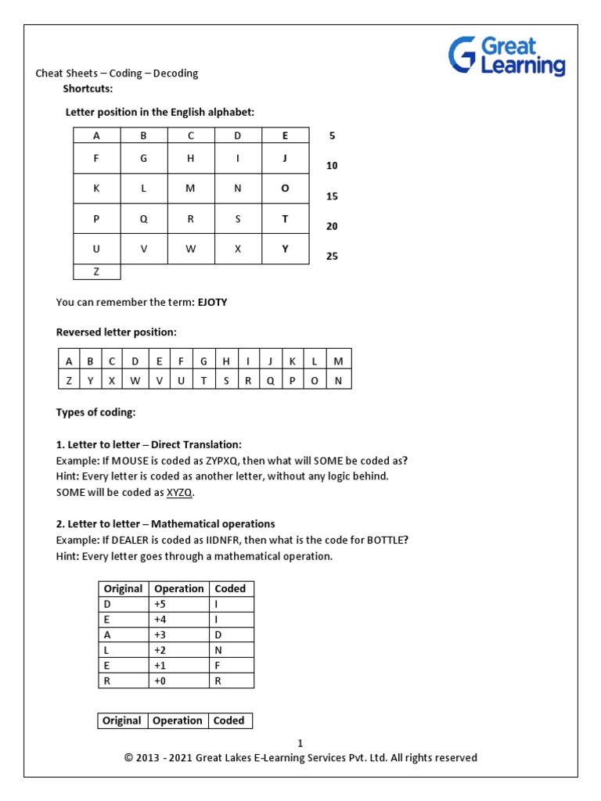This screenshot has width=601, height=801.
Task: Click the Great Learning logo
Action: (506, 56)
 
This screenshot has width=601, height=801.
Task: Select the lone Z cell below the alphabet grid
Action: (97, 271)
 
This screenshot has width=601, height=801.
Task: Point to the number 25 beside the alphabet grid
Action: (332, 256)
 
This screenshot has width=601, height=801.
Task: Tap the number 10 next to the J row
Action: (332, 166)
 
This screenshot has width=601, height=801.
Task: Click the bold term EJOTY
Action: (212, 302)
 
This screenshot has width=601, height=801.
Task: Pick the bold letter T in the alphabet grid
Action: (285, 219)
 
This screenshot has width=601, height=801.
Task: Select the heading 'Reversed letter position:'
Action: (116, 332)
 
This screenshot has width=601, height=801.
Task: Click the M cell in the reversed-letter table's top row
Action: (338, 361)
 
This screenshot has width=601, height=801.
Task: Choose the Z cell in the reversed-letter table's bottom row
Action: (69, 380)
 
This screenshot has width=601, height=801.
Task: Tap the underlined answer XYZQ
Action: (179, 492)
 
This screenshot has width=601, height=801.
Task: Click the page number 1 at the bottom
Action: (300, 743)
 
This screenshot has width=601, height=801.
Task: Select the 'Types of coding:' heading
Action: (95, 412)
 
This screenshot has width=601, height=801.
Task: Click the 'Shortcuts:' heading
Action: (88, 88)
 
